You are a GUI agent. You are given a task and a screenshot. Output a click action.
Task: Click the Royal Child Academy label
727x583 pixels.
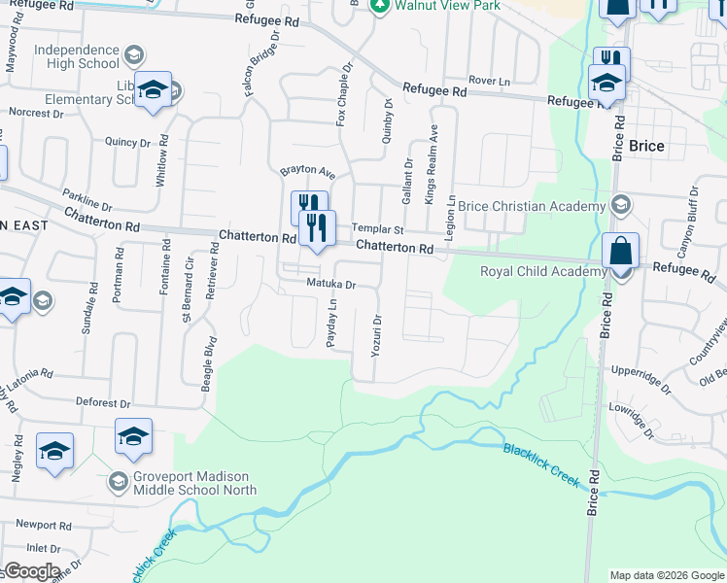pos(542,271)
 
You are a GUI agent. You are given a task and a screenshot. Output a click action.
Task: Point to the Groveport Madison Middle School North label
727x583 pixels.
pos(192,483)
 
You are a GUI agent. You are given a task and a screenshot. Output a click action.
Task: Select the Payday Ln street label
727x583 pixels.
pos(332,324)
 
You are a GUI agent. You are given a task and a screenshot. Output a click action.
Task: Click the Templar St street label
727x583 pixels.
pos(377,230)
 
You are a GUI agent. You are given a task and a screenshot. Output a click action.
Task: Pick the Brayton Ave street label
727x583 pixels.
pos(307,172)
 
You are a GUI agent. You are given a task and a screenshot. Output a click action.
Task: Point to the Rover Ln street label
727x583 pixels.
pos(489,81)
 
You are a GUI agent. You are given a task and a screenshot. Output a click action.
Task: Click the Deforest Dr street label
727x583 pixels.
pos(104,402)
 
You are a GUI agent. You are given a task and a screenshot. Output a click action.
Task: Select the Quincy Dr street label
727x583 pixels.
pos(127,142)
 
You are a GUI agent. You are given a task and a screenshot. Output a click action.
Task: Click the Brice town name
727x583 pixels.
pos(646,146)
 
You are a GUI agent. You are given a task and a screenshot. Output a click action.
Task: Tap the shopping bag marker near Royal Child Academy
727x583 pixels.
pos(621,253)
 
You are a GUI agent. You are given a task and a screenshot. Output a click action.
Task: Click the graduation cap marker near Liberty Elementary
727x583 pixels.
pos(153,91)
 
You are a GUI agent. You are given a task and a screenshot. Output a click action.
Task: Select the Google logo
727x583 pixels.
pos(31,571)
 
